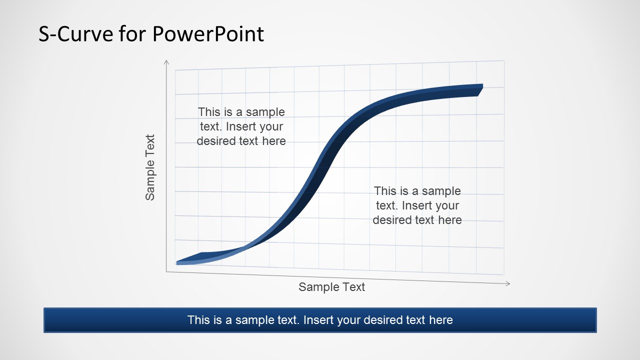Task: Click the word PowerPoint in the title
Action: click(x=208, y=34)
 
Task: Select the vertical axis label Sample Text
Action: click(x=150, y=167)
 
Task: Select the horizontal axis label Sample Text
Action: click(x=332, y=287)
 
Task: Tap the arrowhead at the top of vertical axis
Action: click(x=166, y=62)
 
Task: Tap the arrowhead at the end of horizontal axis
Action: click(x=507, y=283)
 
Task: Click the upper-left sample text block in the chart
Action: click(x=241, y=126)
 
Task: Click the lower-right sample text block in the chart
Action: click(x=417, y=205)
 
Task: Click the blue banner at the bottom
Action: click(x=320, y=320)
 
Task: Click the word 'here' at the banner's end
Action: click(x=441, y=320)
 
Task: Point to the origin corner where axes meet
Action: click(x=166, y=271)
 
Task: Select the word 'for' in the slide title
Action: click(x=133, y=34)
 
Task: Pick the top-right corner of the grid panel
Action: click(x=503, y=61)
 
